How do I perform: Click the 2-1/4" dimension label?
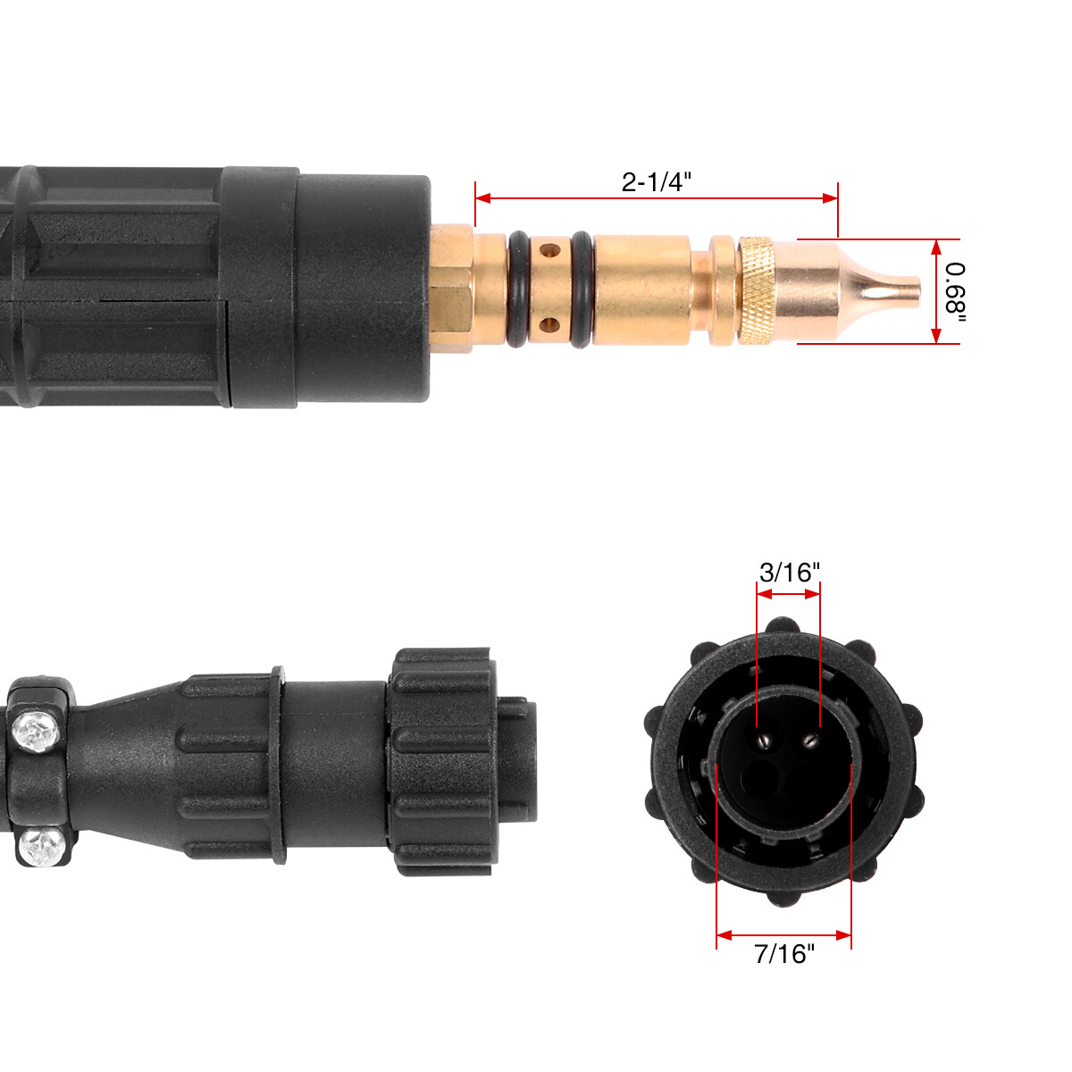pyautogui.click(x=657, y=181)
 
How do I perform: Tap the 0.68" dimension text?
pyautogui.click(x=955, y=291)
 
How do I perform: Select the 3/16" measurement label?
pyautogui.click(x=789, y=573)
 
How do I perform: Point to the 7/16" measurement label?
pyautogui.click(x=784, y=954)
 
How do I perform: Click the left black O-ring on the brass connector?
pyautogui.click(x=517, y=289)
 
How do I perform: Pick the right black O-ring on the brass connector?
pyautogui.click(x=580, y=289)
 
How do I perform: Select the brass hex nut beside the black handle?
pyautogui.click(x=451, y=289)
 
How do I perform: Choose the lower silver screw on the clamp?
pyautogui.click(x=40, y=845)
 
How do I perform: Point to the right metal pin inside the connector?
pyautogui.click(x=810, y=739)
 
